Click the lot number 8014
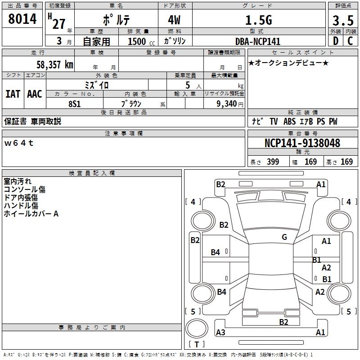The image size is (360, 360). [22, 19]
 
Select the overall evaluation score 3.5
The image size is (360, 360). [343, 20]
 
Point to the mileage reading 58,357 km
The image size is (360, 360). [55, 65]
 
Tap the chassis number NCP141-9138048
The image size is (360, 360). [302, 143]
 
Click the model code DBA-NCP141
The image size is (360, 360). [258, 41]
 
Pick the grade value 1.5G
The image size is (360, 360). [259, 20]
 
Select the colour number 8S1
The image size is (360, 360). [74, 104]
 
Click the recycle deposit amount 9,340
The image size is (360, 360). [227, 104]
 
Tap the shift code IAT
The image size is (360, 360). [13, 94]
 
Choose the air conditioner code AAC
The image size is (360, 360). [35, 94]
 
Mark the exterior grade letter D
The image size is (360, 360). [336, 41]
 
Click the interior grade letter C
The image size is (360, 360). [350, 41]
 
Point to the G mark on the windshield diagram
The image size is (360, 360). [284, 237]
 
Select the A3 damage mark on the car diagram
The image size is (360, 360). [220, 332]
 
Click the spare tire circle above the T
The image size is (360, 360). [197, 328]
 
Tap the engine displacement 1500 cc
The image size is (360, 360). [141, 41]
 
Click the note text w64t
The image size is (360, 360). [19, 143]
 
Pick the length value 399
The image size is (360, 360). [273, 162]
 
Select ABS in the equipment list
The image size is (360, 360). [289, 121]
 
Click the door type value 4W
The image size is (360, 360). [174, 20]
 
